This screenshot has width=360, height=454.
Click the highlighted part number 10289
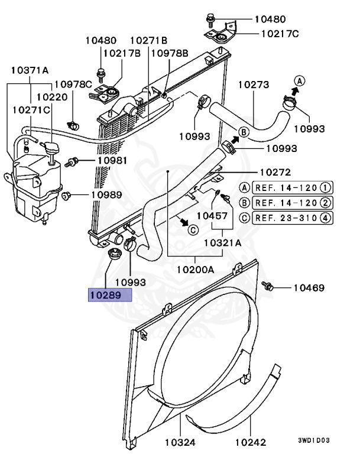pyautogui.click(x=109, y=294)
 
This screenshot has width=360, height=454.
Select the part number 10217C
pyautogui.click(x=280, y=34)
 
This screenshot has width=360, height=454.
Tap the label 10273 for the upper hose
pyautogui.click(x=254, y=85)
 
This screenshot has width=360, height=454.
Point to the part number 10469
pyautogui.click(x=309, y=288)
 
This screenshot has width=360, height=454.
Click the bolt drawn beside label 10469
pyautogui.click(x=269, y=286)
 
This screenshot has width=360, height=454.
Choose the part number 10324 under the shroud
pyautogui.click(x=180, y=442)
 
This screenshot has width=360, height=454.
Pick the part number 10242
pyautogui.click(x=251, y=442)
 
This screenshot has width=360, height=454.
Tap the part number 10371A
pyautogui.click(x=30, y=70)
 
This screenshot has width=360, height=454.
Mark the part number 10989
pyautogui.click(x=106, y=194)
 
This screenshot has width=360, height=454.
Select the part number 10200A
pyautogui.click(x=195, y=270)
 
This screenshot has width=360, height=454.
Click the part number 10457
pyautogui.click(x=212, y=216)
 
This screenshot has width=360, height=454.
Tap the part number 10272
pyautogui.click(x=275, y=173)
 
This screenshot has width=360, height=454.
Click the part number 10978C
pyautogui.click(x=74, y=85)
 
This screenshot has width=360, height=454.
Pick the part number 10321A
pyautogui.click(x=222, y=242)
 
